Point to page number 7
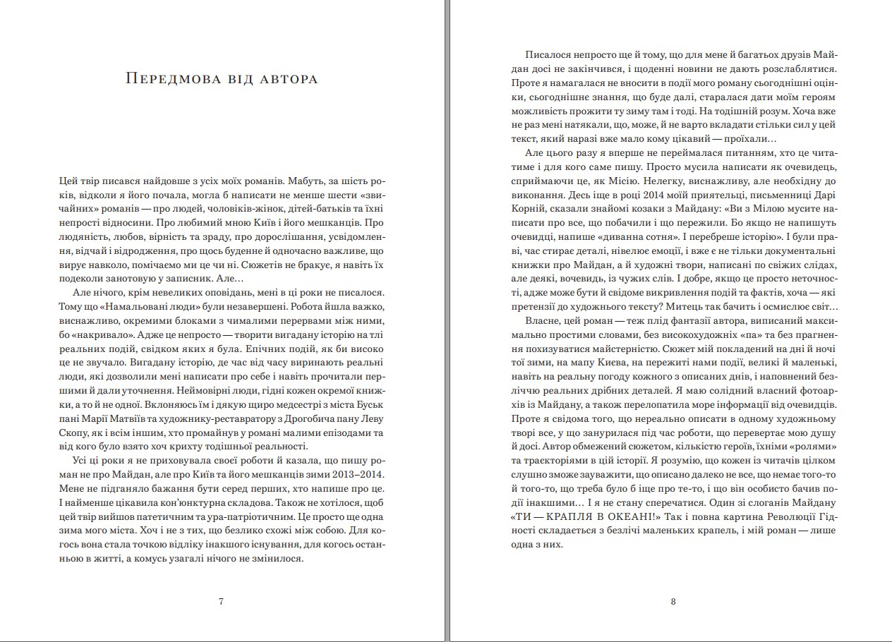(222, 602)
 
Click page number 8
(673, 602)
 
